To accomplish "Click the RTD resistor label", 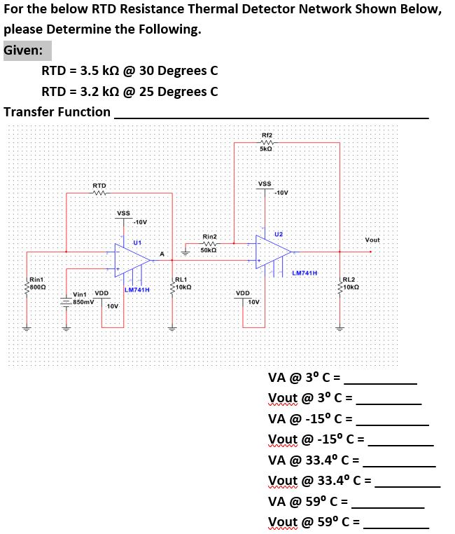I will click(99, 185).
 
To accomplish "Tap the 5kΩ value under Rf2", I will click(266, 149).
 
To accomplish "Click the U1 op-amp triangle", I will click(132, 259).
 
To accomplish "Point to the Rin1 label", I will click(36, 280).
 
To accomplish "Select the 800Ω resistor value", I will click(36, 287).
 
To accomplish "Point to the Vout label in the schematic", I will click(372, 240).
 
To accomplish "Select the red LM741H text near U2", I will click(304, 273).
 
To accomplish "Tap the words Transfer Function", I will click(57, 111).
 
